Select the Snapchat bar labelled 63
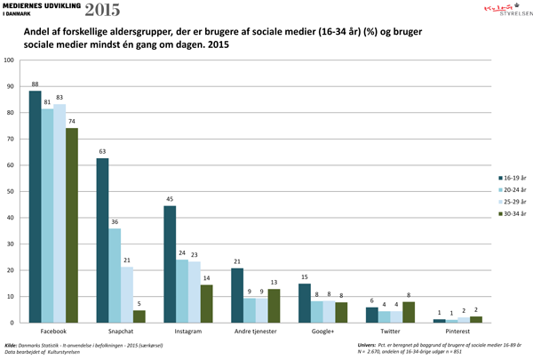tap(103, 239)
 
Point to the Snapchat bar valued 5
tap(139, 316)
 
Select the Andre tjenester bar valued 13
tap(274, 305)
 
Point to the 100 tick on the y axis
tap(10, 60)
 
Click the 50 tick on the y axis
tap(12, 191)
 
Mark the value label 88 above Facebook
tap(36, 84)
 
